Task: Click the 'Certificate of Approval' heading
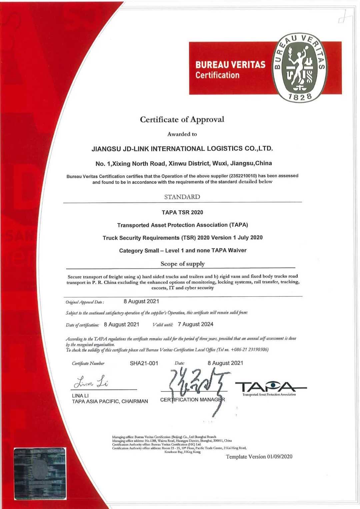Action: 182,119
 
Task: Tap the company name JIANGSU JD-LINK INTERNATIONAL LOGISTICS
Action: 182,149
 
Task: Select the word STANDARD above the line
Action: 182,197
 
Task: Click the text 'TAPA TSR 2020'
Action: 182,212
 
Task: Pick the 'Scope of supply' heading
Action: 183,264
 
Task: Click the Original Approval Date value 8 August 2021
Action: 141,301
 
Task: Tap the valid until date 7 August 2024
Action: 195,324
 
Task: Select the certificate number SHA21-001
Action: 144,363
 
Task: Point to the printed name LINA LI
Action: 80,396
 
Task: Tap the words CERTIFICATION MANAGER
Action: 193,400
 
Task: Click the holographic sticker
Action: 40,474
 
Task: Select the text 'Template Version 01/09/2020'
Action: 259,457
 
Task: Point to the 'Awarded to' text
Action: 182,134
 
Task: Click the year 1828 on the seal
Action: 300,97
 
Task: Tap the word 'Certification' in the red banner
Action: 217,75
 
